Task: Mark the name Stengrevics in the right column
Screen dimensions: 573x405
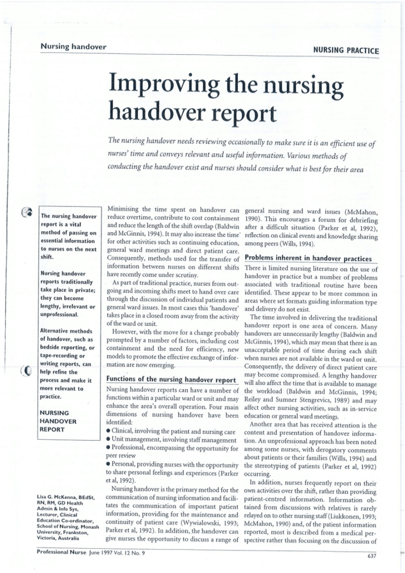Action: tap(317, 378)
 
